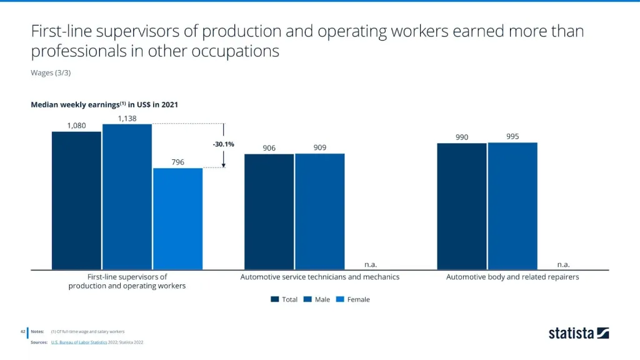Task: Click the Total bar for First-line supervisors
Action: pyautogui.click(x=76, y=200)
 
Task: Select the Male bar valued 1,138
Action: pyautogui.click(x=127, y=197)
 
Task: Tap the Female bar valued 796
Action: pyautogui.click(x=177, y=219)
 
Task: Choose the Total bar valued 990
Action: pyautogui.click(x=461, y=206)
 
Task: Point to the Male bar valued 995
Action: pyautogui.click(x=512, y=206)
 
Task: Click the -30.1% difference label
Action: pyautogui.click(x=223, y=144)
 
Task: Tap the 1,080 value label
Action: pyautogui.click(x=76, y=126)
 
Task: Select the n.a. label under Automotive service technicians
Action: pyautogui.click(x=371, y=264)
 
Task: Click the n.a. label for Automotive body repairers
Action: pyautogui.click(x=563, y=264)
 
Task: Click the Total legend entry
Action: pyautogui.click(x=284, y=299)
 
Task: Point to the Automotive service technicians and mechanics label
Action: pyautogui.click(x=320, y=277)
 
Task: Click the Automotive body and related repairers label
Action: pyautogui.click(x=512, y=277)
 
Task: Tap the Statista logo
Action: pyautogui.click(x=579, y=333)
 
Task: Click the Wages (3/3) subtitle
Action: pyautogui.click(x=51, y=72)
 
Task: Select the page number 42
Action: pyautogui.click(x=22, y=331)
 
